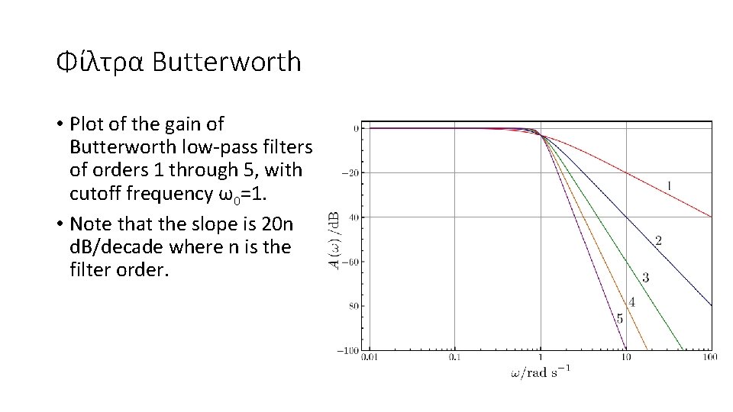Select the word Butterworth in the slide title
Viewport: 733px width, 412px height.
[227, 62]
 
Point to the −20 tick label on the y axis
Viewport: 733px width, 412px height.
[350, 173]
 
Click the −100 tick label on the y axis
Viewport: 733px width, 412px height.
[348, 350]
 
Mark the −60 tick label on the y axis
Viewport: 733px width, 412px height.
[350, 262]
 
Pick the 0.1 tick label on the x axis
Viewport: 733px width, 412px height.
[455, 356]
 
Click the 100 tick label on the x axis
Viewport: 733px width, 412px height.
[710, 356]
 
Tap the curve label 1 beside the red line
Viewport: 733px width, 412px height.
[669, 185]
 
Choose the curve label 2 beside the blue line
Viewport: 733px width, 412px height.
[658, 241]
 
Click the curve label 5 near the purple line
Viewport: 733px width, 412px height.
[619, 319]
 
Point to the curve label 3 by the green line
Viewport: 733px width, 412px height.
[645, 278]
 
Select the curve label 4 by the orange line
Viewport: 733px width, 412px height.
[631, 302]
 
